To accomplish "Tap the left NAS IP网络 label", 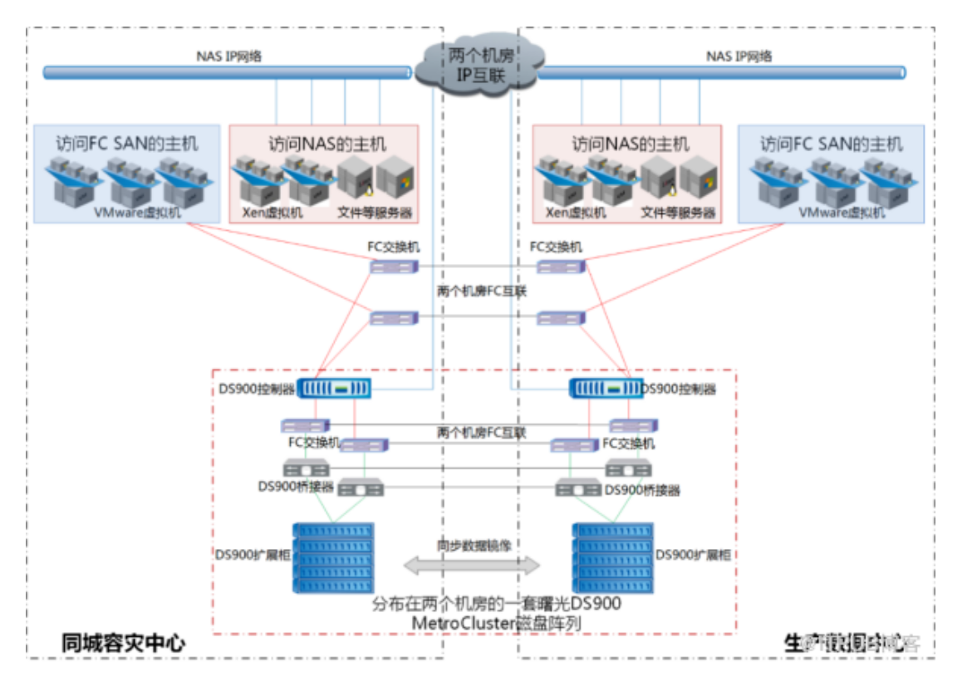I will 229,56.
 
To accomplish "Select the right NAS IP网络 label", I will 739,56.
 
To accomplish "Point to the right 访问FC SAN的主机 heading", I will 831,145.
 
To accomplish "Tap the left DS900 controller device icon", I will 334,388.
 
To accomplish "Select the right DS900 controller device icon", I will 606,388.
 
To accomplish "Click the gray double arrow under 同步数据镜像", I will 472,566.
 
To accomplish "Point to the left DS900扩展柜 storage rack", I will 332,557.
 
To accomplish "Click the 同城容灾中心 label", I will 123,643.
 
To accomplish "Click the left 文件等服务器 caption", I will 375,213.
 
